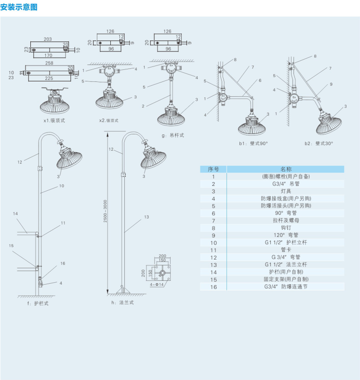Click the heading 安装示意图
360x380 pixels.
tap(18, 7)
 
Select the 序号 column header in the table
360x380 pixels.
tap(213, 169)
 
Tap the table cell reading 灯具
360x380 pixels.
tap(286, 191)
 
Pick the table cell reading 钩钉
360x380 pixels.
tap(286, 227)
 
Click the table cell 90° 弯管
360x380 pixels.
tap(286, 213)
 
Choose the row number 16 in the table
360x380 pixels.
tap(213, 287)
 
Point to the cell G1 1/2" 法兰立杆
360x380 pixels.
tap(286, 264)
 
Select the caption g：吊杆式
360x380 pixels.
tap(172, 135)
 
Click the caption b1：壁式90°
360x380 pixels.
tap(253, 143)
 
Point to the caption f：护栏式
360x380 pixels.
tap(38, 303)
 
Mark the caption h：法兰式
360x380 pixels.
tap(122, 302)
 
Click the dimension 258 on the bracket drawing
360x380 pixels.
tap(49, 63)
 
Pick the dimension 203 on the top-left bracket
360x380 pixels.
tap(48, 39)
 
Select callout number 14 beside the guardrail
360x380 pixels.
tap(15, 213)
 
